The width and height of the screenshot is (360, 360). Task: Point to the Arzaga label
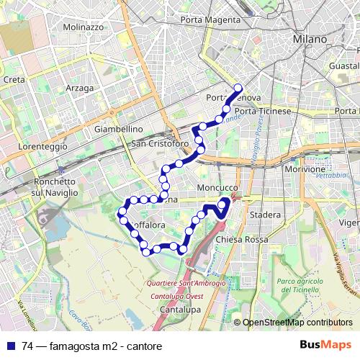pos(79,88)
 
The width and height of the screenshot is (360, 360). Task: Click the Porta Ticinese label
pos(263,111)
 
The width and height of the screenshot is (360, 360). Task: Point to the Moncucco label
pos(216,187)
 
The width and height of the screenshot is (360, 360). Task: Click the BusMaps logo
pos(326,345)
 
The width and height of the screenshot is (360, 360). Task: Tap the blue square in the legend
pos(10,345)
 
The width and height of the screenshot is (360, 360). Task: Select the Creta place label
pos(14,79)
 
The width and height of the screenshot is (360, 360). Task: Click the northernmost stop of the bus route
pos(238,89)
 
